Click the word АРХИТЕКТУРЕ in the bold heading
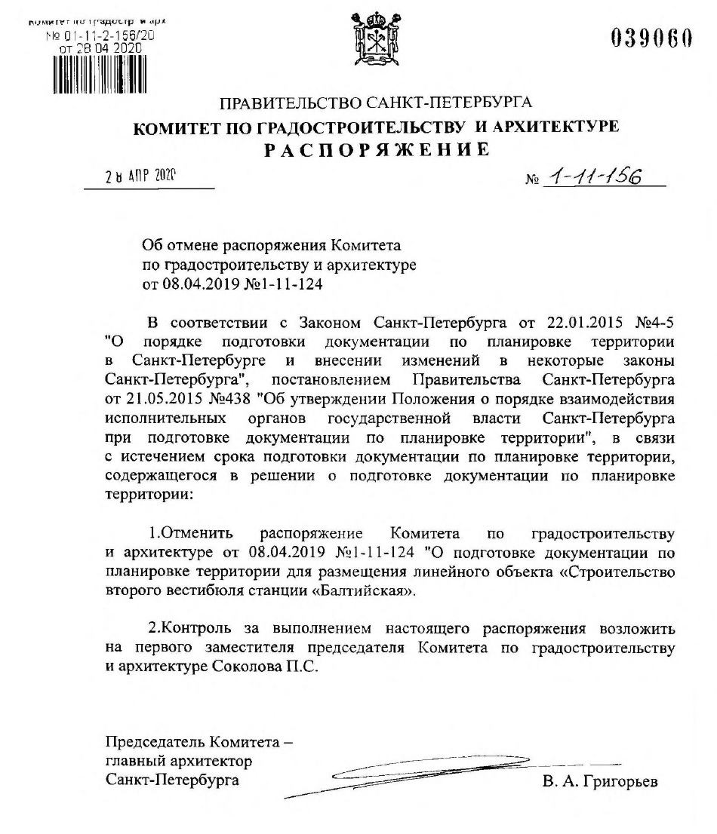pos(554,127)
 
